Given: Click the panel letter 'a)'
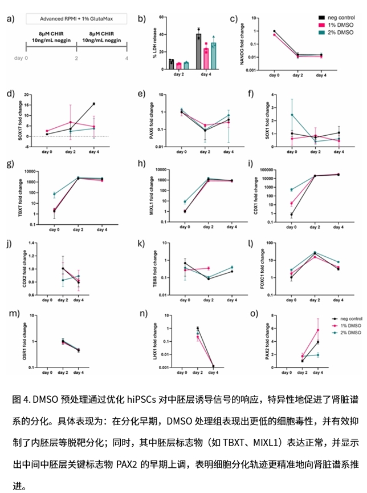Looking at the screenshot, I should point(10,19).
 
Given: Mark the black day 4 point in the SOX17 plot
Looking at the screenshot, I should point(93,104).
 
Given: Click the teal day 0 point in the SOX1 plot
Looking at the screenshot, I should point(292,115).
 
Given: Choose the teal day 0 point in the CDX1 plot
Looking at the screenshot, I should point(292,189).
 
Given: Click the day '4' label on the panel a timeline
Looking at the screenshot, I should point(127,58).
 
